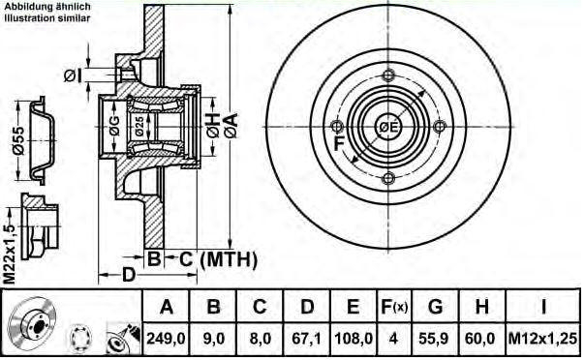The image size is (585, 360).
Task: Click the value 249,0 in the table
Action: (x=166, y=339)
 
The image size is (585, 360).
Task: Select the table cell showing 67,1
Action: (x=307, y=339)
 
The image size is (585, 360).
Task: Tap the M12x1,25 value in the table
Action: (x=542, y=339)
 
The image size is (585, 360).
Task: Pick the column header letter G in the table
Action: (x=436, y=307)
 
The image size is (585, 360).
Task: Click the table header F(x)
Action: (x=393, y=307)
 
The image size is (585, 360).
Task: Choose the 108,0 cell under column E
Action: (x=353, y=339)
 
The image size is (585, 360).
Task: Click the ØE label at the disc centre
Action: (x=388, y=127)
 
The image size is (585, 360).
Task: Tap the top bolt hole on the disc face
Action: (x=388, y=75)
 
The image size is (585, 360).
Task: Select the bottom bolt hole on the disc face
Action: (x=388, y=178)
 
